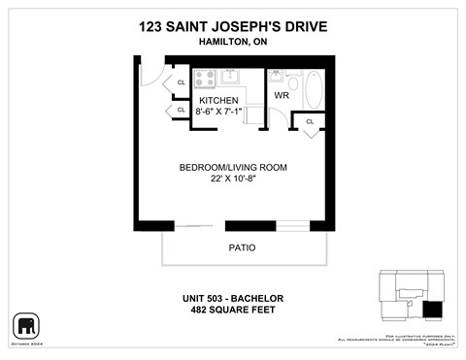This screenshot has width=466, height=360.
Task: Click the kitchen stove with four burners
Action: [205, 79]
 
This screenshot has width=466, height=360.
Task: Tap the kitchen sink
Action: [232, 78]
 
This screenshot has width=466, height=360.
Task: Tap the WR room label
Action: [282, 96]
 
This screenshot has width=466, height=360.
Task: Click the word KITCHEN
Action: [218, 100]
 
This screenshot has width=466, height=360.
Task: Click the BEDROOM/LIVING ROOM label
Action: [233, 167]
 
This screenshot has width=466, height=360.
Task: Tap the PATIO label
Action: [242, 247]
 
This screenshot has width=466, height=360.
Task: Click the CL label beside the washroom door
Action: [310, 122]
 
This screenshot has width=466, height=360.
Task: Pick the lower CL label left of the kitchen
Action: [181, 110]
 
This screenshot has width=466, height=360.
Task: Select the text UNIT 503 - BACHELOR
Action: [234, 297]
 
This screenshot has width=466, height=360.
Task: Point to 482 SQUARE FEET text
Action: [234, 310]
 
